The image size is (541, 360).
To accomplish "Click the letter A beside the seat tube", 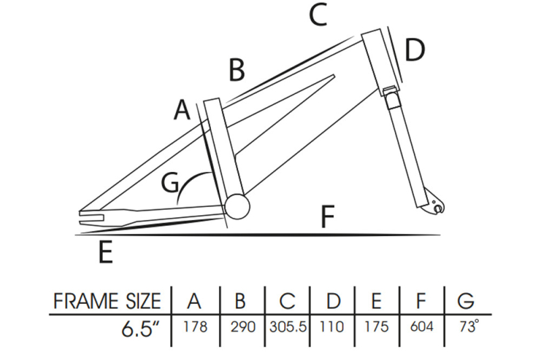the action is click(182, 110).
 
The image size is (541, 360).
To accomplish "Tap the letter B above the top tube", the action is click(237, 70).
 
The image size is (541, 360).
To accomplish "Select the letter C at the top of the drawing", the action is click(318, 15).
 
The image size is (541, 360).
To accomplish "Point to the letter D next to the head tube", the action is click(415, 50).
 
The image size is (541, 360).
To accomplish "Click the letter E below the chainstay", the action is click(105, 252).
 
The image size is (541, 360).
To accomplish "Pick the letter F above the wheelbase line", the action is click(327, 217).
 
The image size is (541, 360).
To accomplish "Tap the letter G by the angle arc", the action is click(170, 182).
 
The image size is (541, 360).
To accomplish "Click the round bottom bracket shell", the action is click(237, 206).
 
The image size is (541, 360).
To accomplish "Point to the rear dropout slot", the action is click(92, 217).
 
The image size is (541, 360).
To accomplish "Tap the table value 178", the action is click(195, 327).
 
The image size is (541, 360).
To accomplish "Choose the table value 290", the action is click(243, 327).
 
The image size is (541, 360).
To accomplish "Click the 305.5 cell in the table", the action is click(288, 327).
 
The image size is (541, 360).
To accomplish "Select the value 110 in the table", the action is click(331, 327).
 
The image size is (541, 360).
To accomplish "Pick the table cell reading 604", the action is click(421, 327).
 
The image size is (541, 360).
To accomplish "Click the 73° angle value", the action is click(469, 326).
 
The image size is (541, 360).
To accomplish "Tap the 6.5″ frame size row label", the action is click(141, 329).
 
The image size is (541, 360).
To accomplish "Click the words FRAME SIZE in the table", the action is click(107, 300).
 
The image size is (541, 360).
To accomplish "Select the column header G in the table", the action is click(466, 300).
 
